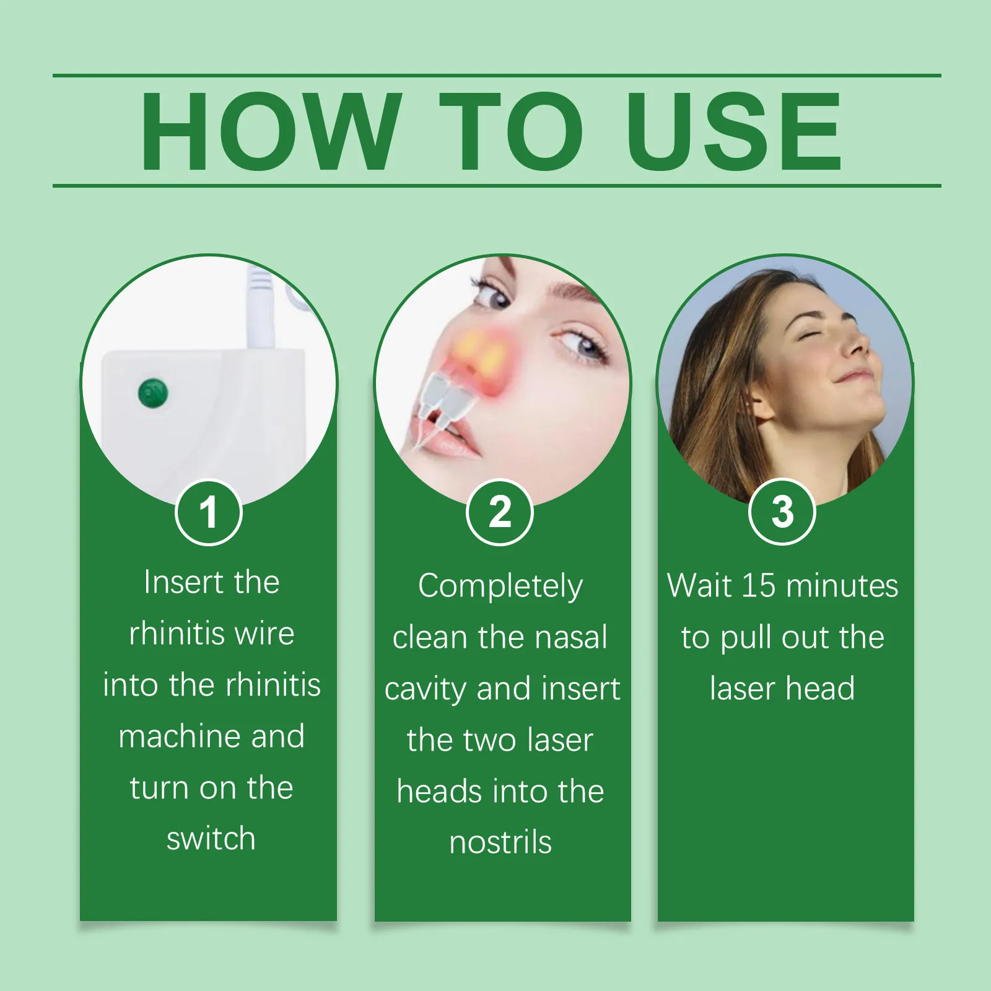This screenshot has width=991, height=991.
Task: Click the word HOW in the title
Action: point(270,131)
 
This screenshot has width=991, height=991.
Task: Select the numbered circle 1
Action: point(209,512)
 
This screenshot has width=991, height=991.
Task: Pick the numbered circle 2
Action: point(499,512)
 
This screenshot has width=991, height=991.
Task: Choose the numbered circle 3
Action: point(782,512)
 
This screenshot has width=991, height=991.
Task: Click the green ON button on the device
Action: point(153,393)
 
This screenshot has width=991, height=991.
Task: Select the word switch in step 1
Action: point(211,839)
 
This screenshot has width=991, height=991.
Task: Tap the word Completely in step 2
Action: point(500,587)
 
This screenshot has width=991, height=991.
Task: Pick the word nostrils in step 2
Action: point(500,842)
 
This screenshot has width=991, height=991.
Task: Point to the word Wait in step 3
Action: point(700,585)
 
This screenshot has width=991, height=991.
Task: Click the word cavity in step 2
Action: point(426,690)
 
